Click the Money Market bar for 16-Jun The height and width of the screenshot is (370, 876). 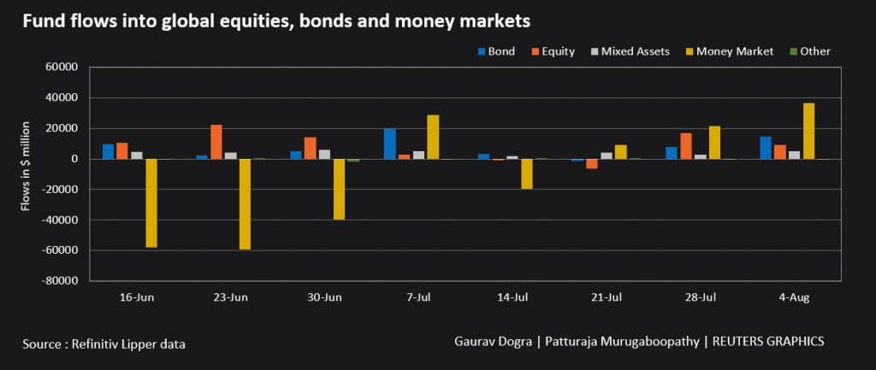(151, 203)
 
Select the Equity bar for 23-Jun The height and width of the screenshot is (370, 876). (216, 142)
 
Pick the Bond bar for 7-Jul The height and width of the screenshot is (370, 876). (390, 144)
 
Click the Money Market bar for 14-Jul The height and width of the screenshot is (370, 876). (527, 173)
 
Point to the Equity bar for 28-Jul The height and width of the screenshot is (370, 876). (687, 146)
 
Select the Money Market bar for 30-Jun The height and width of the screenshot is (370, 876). (340, 190)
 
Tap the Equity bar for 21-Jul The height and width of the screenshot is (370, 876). (592, 163)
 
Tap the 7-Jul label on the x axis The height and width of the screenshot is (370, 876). (418, 297)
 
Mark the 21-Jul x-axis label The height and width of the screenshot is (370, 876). (607, 297)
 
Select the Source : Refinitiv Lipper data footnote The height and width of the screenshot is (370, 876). (104, 344)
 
